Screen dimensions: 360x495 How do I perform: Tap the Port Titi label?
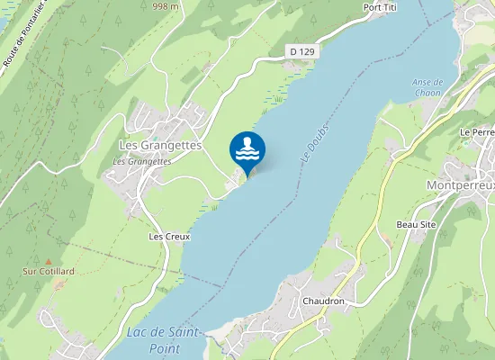click(x=380, y=7)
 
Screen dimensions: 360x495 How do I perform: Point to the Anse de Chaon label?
click(x=429, y=87)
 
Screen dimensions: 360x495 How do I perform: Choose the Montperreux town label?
click(x=459, y=184)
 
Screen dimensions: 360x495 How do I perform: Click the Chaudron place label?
click(x=324, y=301)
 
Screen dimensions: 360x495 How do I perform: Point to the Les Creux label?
click(x=169, y=236)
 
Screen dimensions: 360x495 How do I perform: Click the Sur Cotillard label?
click(x=49, y=271)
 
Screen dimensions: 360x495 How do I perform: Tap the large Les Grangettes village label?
click(x=160, y=145)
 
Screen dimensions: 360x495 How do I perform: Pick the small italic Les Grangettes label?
click(x=142, y=161)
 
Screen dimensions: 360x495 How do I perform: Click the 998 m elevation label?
click(x=166, y=5)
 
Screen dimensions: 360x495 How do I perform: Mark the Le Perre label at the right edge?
click(x=478, y=132)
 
